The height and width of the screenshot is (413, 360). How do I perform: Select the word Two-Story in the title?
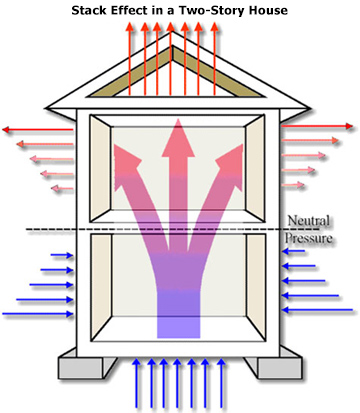(207, 10)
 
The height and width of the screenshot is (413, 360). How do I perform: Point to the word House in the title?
(262, 10)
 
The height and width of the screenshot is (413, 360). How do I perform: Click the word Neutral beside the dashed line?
(306, 222)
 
